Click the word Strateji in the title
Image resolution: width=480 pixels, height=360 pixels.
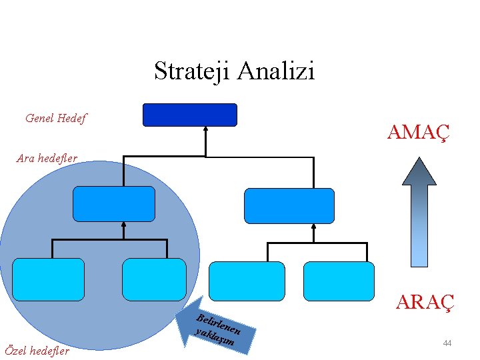(x=193, y=71)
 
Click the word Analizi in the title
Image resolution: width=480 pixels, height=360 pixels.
(x=275, y=71)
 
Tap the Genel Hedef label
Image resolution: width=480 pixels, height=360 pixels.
(x=56, y=119)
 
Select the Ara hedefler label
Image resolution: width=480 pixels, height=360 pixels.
(x=47, y=159)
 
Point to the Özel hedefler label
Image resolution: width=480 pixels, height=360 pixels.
(x=37, y=351)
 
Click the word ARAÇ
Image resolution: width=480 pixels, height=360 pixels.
(x=425, y=302)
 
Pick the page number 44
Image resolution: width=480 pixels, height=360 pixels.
(x=447, y=343)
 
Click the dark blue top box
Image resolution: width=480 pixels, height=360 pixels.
(x=190, y=115)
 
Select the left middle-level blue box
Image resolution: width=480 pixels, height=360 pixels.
(x=113, y=204)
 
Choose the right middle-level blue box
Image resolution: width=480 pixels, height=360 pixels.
(x=289, y=206)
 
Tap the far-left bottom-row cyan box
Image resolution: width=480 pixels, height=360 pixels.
(x=49, y=279)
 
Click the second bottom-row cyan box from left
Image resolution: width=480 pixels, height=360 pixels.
(x=154, y=279)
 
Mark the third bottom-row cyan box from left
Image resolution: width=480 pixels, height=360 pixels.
(x=247, y=281)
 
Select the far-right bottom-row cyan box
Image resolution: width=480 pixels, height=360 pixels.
(x=339, y=281)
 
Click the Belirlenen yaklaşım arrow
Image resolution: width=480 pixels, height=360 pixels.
(x=221, y=330)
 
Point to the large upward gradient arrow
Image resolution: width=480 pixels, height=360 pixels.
(x=419, y=212)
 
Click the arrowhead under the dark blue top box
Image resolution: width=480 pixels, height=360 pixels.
(x=206, y=131)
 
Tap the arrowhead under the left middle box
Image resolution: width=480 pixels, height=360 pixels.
(x=124, y=226)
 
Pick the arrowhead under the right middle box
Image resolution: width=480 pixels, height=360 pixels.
(x=313, y=228)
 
